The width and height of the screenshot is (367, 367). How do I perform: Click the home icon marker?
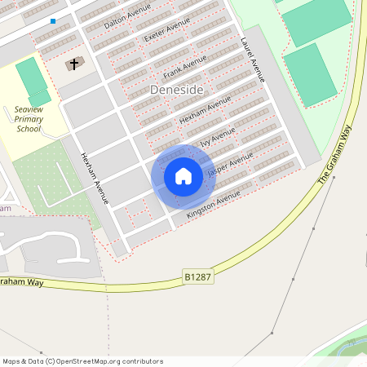pos(183,176)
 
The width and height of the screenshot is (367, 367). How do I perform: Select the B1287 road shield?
pos(197,278)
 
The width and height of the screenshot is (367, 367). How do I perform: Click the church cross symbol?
pos(73,64)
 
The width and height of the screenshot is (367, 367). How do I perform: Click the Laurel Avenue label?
pos(253,60)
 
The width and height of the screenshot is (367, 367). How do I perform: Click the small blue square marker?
pos(53,21)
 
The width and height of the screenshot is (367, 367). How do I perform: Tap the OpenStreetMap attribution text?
pos(82,360)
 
